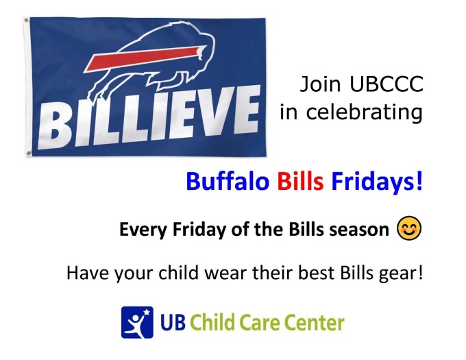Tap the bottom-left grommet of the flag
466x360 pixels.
(28, 153)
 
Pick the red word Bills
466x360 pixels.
(301, 182)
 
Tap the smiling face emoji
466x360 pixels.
(409, 228)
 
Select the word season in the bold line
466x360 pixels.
(363, 230)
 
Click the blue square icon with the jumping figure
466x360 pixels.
(137, 322)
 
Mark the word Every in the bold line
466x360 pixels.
(141, 230)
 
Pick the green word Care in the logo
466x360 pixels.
(258, 322)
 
